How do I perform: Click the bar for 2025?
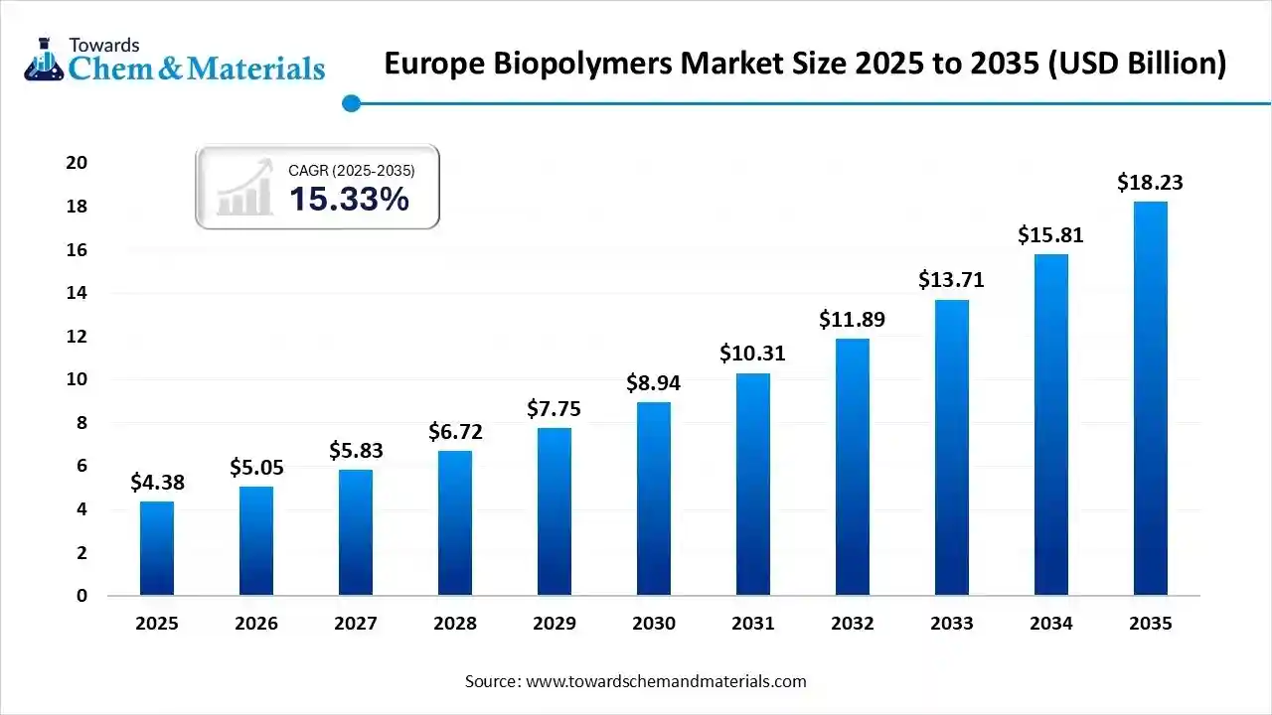click(x=157, y=548)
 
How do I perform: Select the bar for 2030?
click(x=654, y=499)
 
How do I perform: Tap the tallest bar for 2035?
click(x=1150, y=398)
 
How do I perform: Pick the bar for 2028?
click(x=455, y=522)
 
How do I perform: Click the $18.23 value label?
click(x=1150, y=183)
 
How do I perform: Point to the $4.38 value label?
click(x=157, y=483)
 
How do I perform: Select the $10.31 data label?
click(x=753, y=354)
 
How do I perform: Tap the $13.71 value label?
click(x=951, y=280)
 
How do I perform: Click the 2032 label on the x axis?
click(x=853, y=624)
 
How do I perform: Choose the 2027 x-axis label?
click(x=356, y=624)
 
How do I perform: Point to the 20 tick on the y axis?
click(x=77, y=163)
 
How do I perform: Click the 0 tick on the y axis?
click(x=81, y=596)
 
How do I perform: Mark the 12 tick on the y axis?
click(x=77, y=337)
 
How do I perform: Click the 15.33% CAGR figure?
click(x=349, y=200)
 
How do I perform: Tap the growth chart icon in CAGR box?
click(x=245, y=187)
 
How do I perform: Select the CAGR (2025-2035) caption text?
click(x=351, y=171)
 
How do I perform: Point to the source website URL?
click(x=666, y=681)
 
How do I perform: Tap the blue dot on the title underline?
click(x=350, y=103)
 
